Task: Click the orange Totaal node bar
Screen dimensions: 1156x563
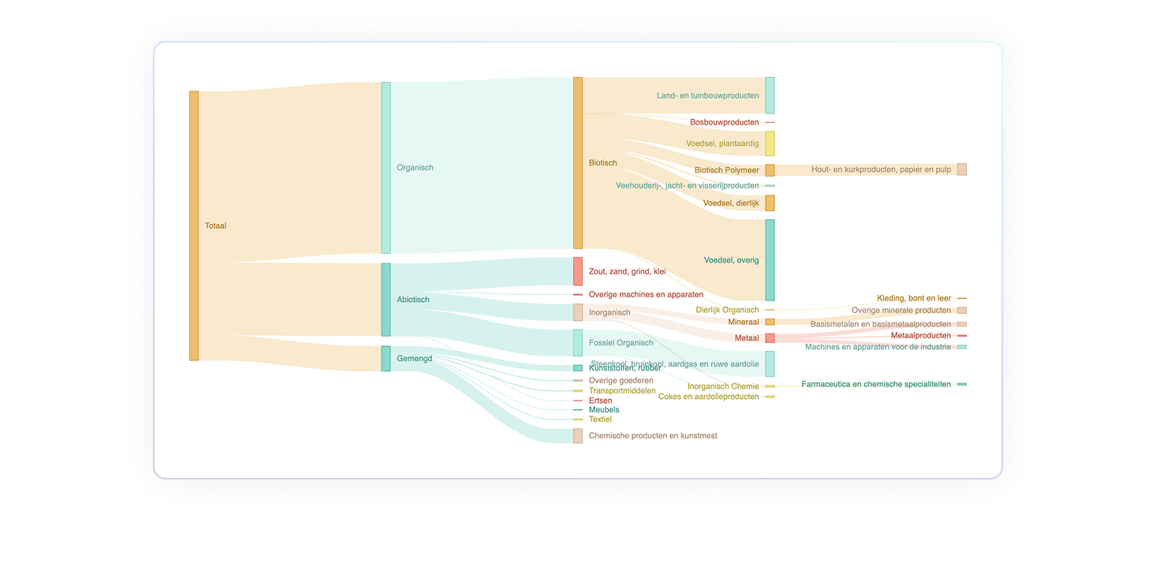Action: tap(193, 226)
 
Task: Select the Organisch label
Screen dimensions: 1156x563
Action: tap(415, 167)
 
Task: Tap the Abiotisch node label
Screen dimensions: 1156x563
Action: tap(413, 300)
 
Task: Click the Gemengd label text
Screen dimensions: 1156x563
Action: tap(414, 359)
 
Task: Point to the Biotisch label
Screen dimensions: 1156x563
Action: tap(602, 163)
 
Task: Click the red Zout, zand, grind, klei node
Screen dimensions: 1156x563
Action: tap(578, 271)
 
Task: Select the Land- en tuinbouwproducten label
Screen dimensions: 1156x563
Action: tap(707, 95)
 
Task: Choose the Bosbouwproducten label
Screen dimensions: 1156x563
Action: tap(724, 122)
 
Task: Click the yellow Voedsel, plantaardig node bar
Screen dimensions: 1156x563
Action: tap(770, 144)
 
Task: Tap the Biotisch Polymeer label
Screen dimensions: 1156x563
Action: tap(726, 170)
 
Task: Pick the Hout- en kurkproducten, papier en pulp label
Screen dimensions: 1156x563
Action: tap(881, 170)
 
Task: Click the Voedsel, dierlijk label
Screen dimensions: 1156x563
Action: tap(730, 203)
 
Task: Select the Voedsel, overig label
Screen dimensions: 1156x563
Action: tap(731, 260)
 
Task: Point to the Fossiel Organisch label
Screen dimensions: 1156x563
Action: tap(621, 343)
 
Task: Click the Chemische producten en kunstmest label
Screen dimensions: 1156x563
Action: tap(653, 435)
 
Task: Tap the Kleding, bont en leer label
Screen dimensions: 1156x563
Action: tap(914, 298)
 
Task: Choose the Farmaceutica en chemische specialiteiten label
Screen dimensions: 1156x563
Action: tap(876, 384)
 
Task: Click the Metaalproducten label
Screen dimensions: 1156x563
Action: tap(921, 335)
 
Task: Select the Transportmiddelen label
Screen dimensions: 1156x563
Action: tap(622, 390)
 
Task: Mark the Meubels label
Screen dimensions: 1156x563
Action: tap(604, 410)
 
